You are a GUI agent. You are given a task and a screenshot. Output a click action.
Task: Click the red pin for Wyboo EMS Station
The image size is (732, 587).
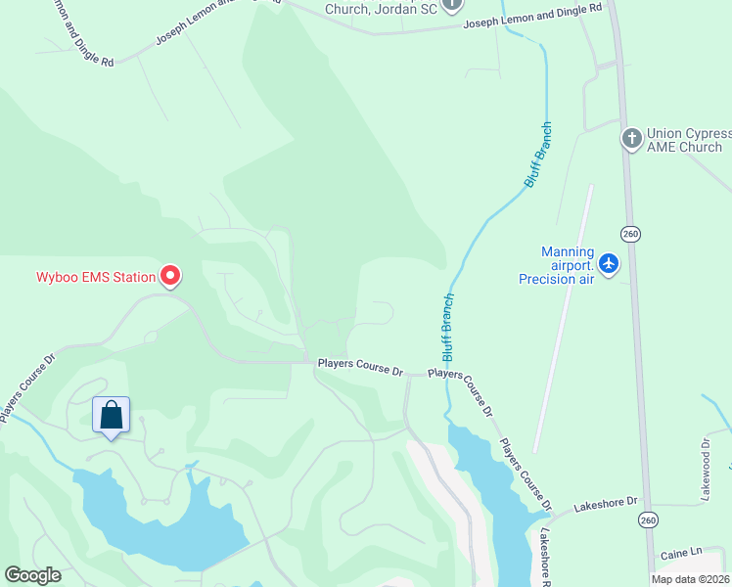coord(171,277)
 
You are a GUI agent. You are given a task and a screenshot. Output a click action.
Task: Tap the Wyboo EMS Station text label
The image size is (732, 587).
coord(96,277)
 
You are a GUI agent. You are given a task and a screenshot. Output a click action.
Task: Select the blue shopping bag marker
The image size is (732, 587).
coord(111,415)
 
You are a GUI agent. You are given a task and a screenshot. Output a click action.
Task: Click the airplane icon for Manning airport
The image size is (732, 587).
coord(609,263)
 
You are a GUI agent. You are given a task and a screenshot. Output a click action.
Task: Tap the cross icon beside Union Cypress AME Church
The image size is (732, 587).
coord(631,138)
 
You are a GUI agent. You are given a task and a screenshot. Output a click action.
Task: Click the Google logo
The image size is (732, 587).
coord(32,575)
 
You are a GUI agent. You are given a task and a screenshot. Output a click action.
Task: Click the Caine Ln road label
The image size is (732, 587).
coord(681,554)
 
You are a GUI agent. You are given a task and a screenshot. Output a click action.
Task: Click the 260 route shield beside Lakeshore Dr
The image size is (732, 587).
coord(647,517)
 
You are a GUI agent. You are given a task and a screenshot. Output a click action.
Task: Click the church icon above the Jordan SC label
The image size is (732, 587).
coord(451,4)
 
